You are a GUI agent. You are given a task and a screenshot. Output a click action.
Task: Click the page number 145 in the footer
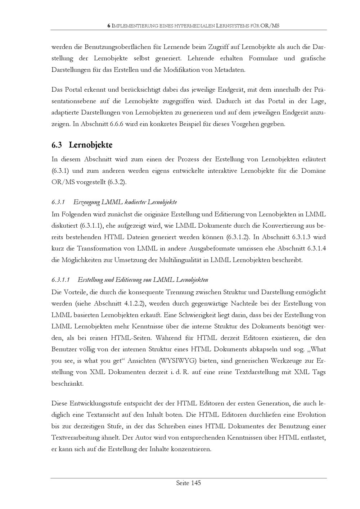[195, 483]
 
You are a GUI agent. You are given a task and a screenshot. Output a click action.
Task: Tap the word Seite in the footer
[183, 483]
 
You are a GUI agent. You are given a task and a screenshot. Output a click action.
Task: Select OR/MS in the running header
[270, 26]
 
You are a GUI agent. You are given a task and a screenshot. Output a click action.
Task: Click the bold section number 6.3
[57, 145]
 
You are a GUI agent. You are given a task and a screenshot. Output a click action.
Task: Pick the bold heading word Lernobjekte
[90, 145]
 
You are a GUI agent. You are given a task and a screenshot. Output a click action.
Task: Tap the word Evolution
[311, 415]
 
